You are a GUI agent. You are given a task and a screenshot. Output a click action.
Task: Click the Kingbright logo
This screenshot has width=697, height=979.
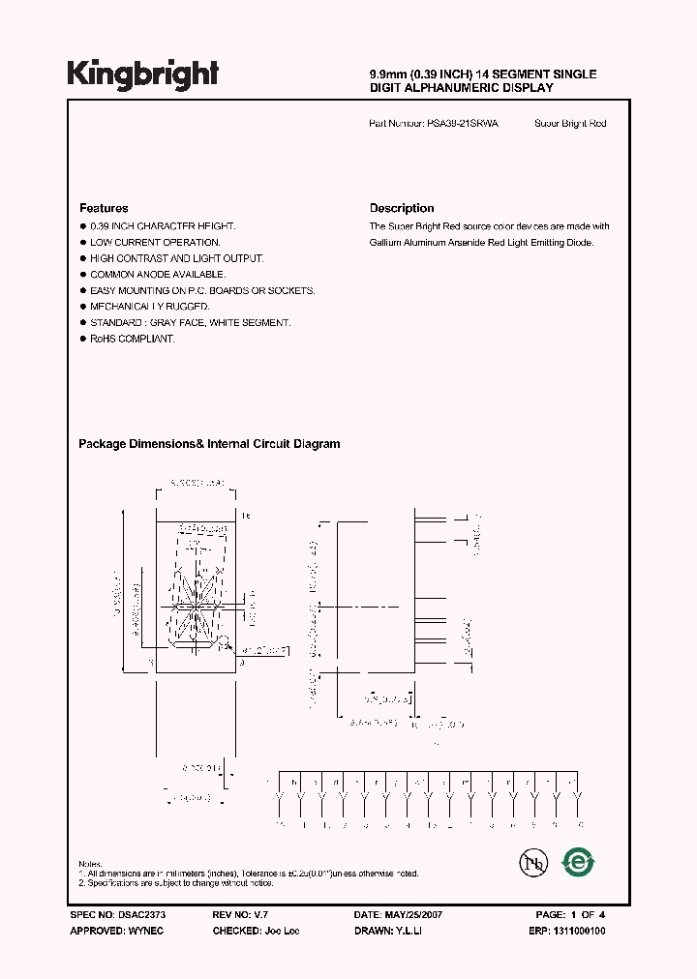click(142, 75)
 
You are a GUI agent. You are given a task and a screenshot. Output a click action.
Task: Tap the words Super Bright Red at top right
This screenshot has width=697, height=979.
click(570, 124)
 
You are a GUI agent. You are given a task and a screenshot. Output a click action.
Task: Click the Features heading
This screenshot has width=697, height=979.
click(104, 208)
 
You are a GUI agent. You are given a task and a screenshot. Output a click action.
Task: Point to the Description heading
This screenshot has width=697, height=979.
click(402, 208)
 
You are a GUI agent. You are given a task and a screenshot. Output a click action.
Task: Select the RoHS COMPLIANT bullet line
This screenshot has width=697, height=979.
click(133, 340)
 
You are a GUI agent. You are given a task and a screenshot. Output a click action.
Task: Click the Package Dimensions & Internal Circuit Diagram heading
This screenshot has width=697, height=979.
click(209, 444)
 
